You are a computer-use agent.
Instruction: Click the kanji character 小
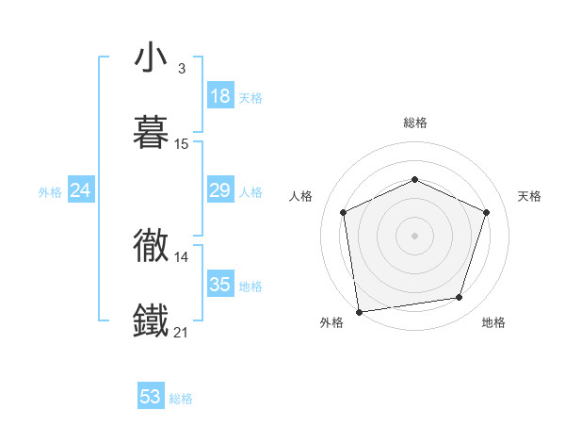click(152, 57)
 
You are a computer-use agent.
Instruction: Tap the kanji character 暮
click(152, 131)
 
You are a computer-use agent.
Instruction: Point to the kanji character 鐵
click(152, 320)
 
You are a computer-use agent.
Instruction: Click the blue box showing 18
click(220, 96)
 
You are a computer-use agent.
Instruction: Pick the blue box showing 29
click(220, 191)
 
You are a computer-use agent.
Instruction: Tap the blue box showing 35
click(220, 285)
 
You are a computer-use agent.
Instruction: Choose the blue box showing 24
click(81, 191)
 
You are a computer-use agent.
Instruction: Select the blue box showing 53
click(151, 397)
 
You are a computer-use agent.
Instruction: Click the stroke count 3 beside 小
click(182, 69)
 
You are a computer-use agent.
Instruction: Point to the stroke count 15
click(182, 144)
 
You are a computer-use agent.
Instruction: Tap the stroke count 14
click(182, 256)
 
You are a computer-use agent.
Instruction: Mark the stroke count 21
click(182, 332)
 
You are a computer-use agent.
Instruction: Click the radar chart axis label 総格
click(415, 123)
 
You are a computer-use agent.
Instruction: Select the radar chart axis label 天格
click(530, 196)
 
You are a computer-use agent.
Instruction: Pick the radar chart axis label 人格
click(300, 196)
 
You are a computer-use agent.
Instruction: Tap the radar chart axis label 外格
click(331, 322)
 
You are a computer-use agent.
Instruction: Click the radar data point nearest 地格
click(460, 298)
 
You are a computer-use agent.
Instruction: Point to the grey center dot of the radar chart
click(415, 236)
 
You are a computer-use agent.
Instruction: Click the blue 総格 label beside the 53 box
click(181, 399)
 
